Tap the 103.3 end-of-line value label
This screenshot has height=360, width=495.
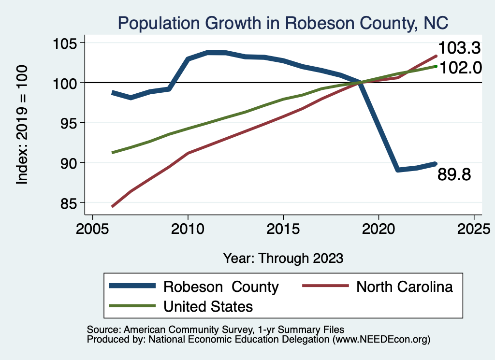[459, 48]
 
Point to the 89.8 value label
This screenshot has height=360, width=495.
[454, 174]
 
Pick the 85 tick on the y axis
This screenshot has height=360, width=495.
[68, 202]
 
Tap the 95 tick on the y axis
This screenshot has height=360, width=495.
[68, 123]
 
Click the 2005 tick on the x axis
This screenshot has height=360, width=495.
[92, 229]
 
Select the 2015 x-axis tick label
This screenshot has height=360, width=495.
[283, 229]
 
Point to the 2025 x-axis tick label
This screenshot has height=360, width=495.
[474, 229]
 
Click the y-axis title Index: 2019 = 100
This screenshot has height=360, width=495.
[22, 125]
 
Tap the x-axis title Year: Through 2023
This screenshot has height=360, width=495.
[283, 258]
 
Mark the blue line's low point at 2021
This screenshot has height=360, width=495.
[397, 170]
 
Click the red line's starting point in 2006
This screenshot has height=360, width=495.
[113, 206]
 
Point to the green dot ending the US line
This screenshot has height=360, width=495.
[436, 66]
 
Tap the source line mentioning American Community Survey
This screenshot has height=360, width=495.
[216, 329]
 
